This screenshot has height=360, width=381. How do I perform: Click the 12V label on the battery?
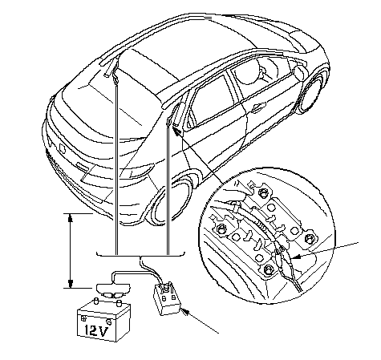click(x=96, y=330)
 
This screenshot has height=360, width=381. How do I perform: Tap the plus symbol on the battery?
click(x=84, y=318)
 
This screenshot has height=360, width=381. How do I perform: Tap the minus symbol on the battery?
click(x=109, y=320)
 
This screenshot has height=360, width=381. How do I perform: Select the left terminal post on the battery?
click(x=95, y=302)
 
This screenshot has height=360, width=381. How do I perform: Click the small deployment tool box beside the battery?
click(x=167, y=299)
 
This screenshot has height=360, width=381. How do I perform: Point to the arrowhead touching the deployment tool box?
click(x=185, y=312)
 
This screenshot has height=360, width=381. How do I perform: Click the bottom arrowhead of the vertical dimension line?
click(x=71, y=284)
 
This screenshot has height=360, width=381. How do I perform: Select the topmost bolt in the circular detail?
click(x=261, y=192)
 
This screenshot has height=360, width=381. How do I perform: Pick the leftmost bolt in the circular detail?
click(x=221, y=229)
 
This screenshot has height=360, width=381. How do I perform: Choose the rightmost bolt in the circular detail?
click(x=309, y=238)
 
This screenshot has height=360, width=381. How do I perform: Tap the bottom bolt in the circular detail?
click(x=268, y=269)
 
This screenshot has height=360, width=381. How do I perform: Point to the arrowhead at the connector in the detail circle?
click(x=295, y=257)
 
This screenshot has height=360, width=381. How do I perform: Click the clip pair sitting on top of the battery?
click(x=113, y=295)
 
